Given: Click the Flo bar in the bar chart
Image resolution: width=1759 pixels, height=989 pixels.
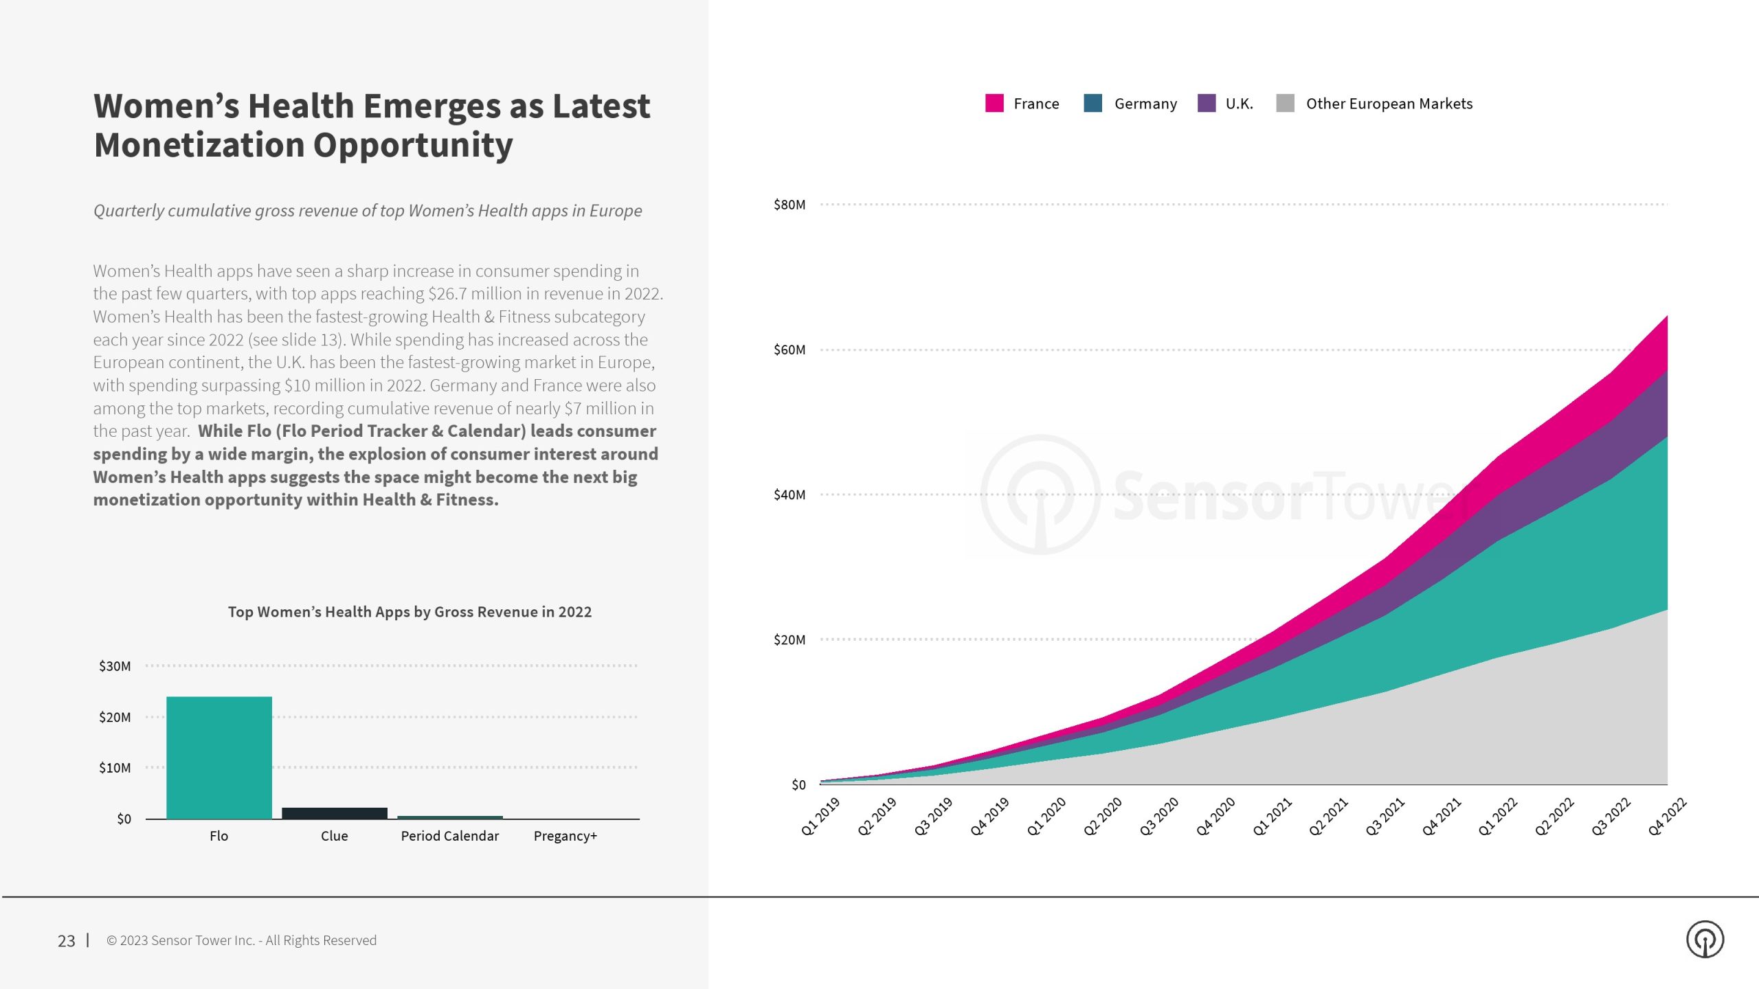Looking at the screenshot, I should (x=219, y=758).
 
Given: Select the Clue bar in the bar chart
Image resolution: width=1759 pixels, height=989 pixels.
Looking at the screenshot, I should (x=335, y=813).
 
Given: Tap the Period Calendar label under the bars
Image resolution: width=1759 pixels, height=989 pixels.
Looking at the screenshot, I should (x=450, y=836).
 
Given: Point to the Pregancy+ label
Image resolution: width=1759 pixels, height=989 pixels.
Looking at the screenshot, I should (x=565, y=836).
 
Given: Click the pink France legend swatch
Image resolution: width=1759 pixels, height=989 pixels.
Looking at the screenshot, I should (x=994, y=104).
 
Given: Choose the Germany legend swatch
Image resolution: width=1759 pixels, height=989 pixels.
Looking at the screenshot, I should (x=1093, y=104).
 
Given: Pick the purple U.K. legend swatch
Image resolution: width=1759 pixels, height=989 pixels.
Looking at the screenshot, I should (x=1207, y=104).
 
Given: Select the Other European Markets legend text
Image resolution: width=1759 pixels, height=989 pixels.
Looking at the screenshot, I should (x=1389, y=104).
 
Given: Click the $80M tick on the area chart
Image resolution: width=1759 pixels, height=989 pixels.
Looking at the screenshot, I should (x=789, y=205).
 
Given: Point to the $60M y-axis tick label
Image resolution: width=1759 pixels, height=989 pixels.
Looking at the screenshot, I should (x=789, y=350).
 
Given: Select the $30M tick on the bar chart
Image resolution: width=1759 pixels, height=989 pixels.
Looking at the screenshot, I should (x=115, y=666).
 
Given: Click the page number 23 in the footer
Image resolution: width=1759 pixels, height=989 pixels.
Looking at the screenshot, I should (x=67, y=941).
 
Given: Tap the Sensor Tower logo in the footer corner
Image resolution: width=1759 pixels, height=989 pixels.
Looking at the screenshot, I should (x=1705, y=940).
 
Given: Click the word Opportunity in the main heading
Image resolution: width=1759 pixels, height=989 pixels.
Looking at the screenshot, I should (x=413, y=145).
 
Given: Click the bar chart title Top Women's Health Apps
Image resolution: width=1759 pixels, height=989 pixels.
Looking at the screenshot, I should (x=410, y=612).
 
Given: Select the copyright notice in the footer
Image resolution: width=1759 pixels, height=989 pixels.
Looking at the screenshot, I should (x=241, y=940).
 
